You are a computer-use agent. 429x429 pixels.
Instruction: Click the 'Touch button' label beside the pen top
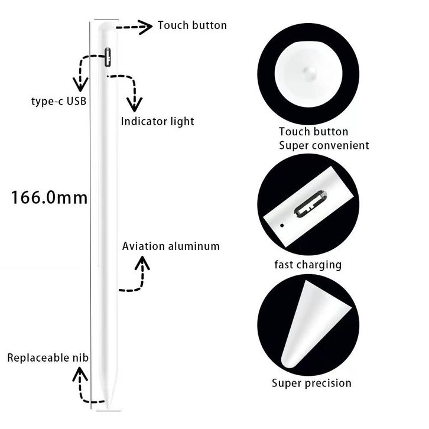point(191,25)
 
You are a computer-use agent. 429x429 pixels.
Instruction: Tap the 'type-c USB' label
point(59,101)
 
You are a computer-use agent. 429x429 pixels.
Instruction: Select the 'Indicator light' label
point(157,122)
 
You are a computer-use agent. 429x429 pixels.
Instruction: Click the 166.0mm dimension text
point(50,197)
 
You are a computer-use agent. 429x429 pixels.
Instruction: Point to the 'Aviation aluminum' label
point(171,246)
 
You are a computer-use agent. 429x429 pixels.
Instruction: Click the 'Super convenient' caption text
point(324,145)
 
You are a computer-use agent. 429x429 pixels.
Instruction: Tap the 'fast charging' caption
point(307,265)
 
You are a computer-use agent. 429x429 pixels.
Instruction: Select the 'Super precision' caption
point(311,383)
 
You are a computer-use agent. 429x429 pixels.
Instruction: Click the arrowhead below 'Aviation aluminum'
point(142,265)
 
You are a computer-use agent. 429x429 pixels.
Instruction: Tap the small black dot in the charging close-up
point(282,225)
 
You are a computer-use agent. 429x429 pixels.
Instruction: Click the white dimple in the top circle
point(307,71)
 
